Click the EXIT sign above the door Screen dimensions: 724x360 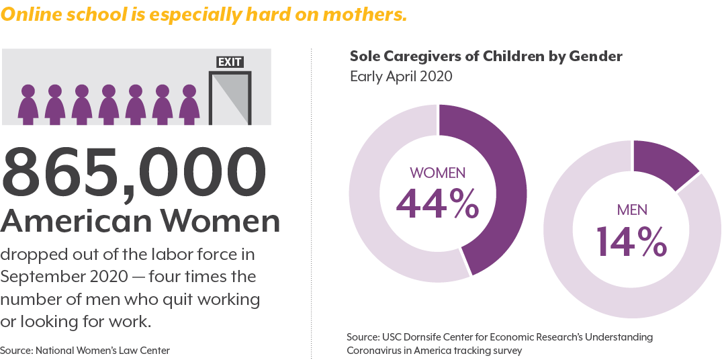(x=230, y=62)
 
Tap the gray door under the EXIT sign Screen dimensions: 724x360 (x=230, y=98)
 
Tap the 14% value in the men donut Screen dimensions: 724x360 (x=631, y=240)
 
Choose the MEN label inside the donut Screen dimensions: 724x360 (x=632, y=210)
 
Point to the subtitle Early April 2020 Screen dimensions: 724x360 (x=401, y=76)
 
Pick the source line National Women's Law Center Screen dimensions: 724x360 (x=85, y=351)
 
